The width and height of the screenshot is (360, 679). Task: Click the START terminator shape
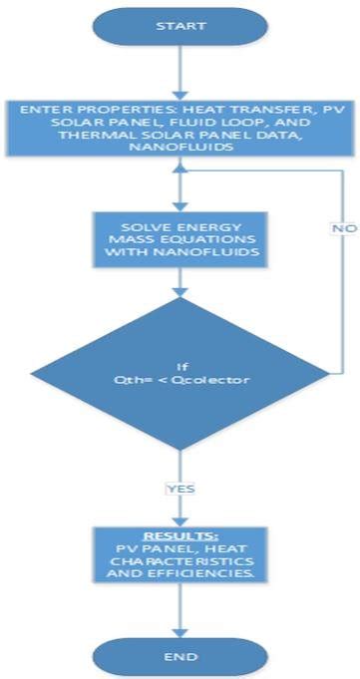tap(180, 25)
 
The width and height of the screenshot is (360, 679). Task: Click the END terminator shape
tap(180, 655)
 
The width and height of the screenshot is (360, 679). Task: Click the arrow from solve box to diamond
tap(180, 281)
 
